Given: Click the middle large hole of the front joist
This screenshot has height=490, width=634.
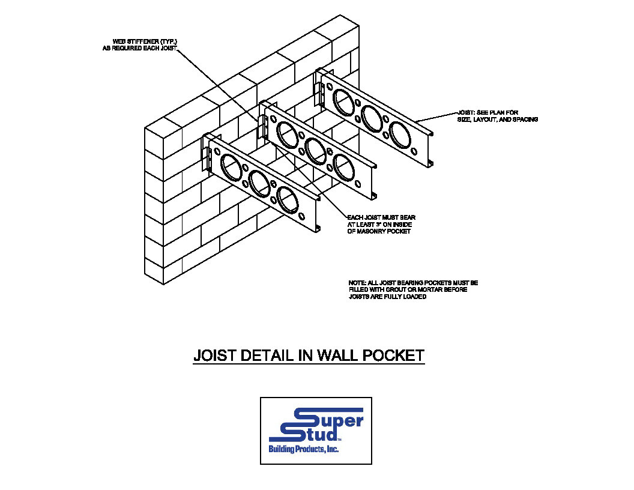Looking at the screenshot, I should coord(259,183).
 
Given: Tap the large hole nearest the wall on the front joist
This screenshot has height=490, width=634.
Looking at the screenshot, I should coord(231,166).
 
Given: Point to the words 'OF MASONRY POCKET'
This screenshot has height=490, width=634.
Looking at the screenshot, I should coord(379,232).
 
